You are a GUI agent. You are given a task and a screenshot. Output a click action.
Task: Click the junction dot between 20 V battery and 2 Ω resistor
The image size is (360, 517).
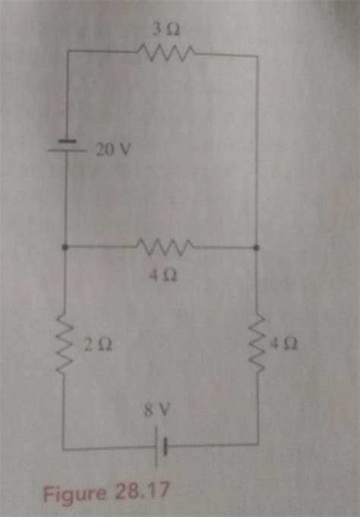pos(67,247)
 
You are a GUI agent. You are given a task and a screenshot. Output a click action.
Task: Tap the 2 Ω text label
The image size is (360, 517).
pos(100,345)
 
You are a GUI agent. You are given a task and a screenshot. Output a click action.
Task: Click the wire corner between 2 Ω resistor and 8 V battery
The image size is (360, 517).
pos(64,449)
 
